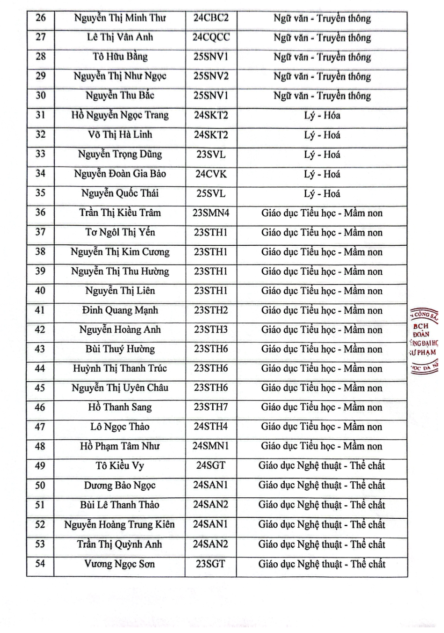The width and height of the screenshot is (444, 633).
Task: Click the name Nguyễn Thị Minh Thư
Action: tap(120, 18)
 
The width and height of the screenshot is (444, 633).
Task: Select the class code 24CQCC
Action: tap(211, 37)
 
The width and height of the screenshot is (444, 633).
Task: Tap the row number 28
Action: tap(41, 57)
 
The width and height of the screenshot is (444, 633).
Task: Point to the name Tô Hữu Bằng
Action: tap(120, 57)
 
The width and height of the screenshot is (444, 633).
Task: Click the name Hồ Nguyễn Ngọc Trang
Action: tap(120, 115)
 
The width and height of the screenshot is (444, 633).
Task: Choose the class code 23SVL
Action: tap(211, 154)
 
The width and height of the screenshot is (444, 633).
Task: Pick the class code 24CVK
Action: tap(211, 174)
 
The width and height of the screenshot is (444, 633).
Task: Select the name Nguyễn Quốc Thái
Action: tap(120, 193)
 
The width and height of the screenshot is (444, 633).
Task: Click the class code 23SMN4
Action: tap(211, 213)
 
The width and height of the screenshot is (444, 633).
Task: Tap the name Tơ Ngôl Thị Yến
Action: tap(120, 232)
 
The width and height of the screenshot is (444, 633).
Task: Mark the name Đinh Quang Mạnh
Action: tap(120, 310)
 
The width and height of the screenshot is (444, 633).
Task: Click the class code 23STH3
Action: tap(211, 330)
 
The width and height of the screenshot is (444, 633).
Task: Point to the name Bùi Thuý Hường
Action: tap(120, 349)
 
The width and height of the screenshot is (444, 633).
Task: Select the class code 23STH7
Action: tap(211, 407)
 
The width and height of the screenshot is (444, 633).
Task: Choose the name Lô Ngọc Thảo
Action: tap(120, 427)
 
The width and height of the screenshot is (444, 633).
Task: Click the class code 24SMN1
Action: tap(211, 446)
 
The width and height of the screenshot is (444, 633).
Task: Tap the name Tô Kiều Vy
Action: tap(120, 466)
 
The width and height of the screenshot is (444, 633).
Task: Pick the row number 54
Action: tap(41, 563)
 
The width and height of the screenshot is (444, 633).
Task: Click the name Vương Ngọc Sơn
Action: tap(120, 564)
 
